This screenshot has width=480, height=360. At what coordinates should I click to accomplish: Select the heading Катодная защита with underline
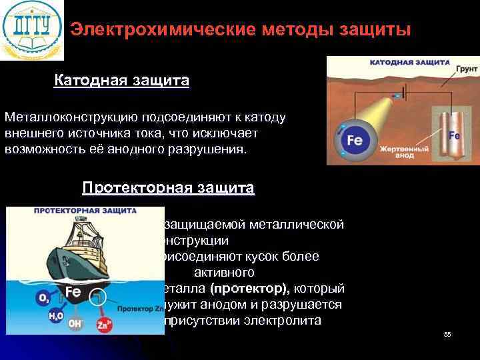(x=121, y=81)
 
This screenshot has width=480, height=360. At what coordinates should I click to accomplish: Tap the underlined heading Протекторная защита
(x=168, y=188)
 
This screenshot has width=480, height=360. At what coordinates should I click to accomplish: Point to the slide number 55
(x=447, y=334)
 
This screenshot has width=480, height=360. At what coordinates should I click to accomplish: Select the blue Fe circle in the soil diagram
(x=354, y=141)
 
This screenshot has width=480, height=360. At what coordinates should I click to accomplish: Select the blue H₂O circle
(x=55, y=317)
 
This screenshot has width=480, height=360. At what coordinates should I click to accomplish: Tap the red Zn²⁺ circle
(x=104, y=325)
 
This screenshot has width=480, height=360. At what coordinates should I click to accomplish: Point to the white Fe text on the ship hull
(x=74, y=291)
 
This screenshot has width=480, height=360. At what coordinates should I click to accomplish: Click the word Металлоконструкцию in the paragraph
(x=63, y=117)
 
